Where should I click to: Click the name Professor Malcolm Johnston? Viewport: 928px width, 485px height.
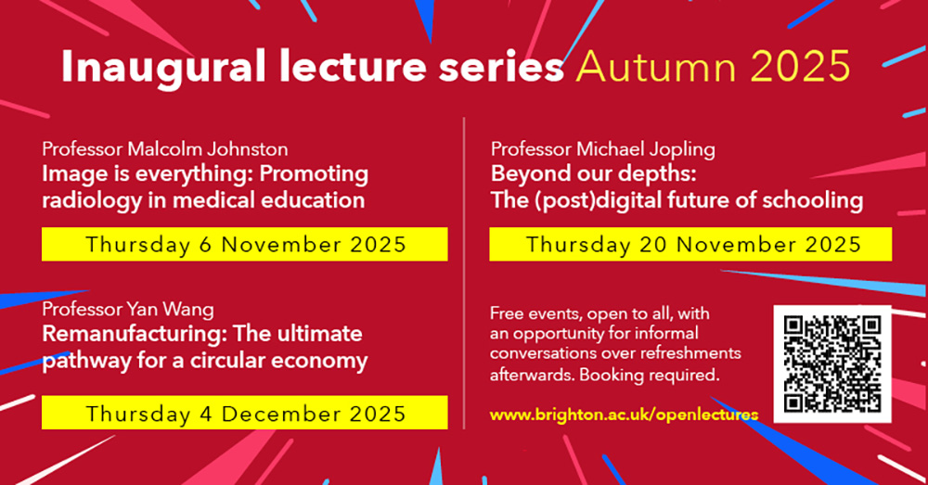[x=164, y=149]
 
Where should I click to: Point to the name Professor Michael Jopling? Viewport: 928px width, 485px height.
[x=603, y=149]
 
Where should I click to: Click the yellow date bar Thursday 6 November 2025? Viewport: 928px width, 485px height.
[x=245, y=245]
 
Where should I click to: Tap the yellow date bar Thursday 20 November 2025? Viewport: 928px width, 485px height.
[x=690, y=245]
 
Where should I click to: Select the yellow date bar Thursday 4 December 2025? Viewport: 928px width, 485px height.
[x=245, y=413]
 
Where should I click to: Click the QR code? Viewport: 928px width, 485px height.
[x=831, y=364]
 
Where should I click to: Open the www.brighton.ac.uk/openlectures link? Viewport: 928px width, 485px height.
[x=624, y=415]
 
